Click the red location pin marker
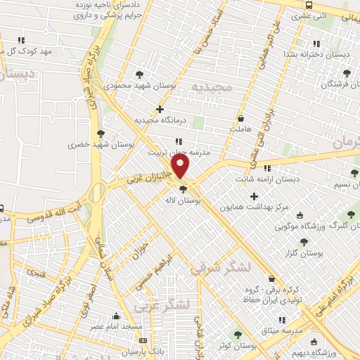coord(181,167)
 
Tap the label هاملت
coord(240,129)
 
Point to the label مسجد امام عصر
coord(117,328)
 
